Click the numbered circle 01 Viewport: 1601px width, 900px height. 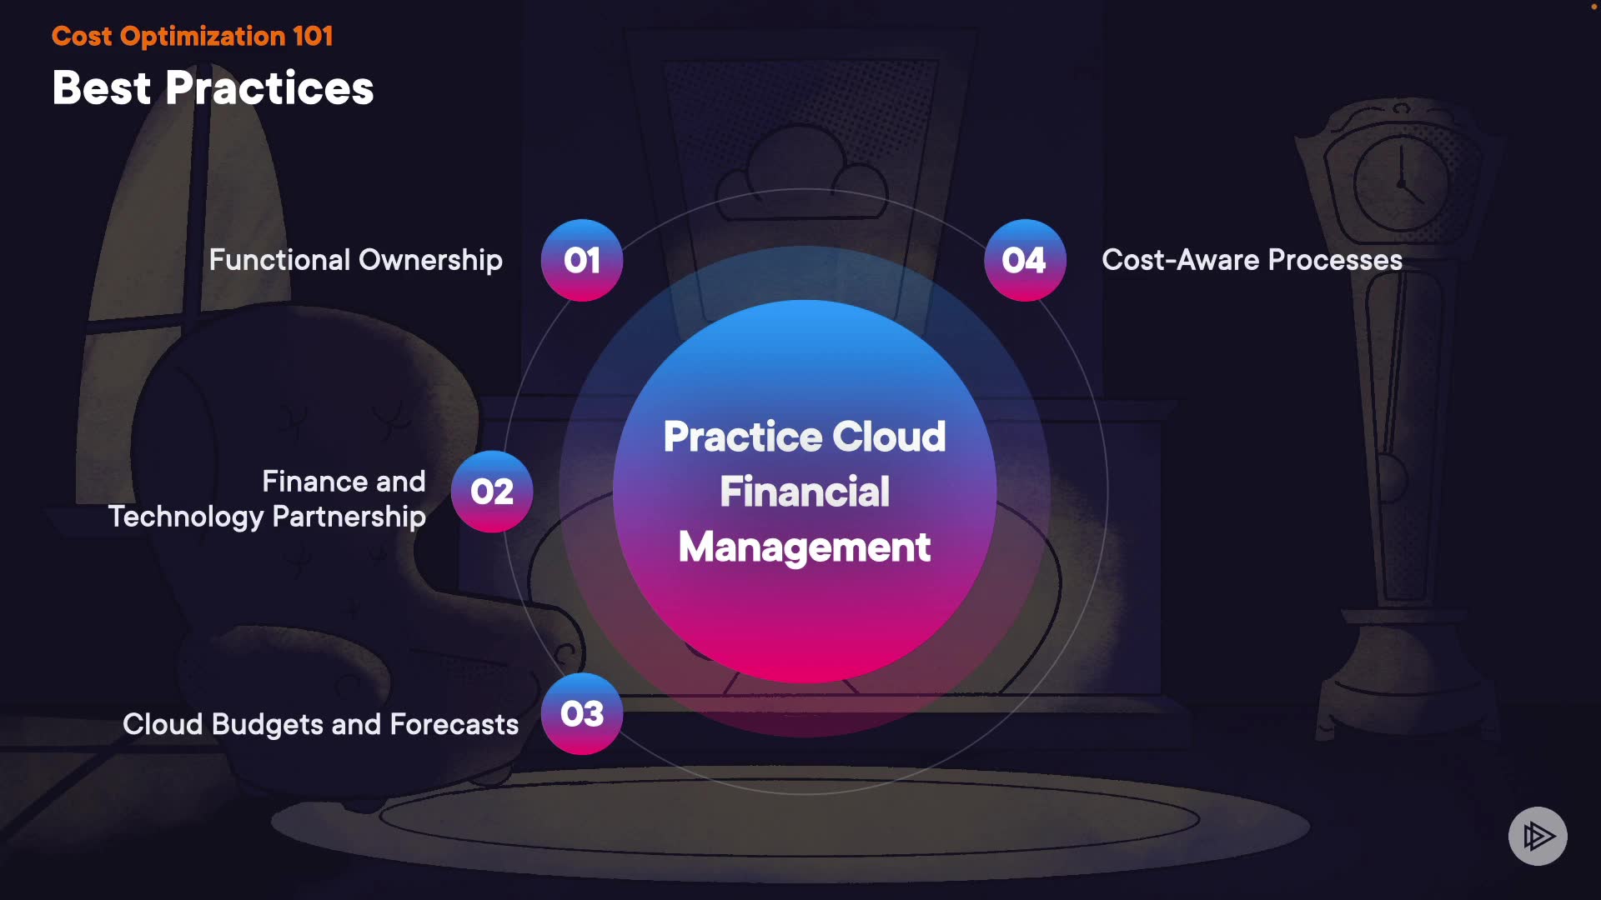pyautogui.click(x=582, y=260)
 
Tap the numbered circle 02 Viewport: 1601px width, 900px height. pyautogui.click(x=492, y=492)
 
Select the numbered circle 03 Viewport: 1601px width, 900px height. pyautogui.click(x=582, y=713)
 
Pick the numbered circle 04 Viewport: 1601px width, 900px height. pyautogui.click(x=1025, y=260)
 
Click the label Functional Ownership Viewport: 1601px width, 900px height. pyautogui.click(x=355, y=260)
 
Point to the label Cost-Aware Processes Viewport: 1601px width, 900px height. pyautogui.click(x=1252, y=260)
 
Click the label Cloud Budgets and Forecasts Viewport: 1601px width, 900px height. pyautogui.click(x=320, y=724)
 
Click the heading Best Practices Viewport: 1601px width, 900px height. pyautogui.click(x=213, y=87)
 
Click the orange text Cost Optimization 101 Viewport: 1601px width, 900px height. pyautogui.click(x=192, y=36)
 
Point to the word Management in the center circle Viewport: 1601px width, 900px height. pyautogui.click(x=805, y=547)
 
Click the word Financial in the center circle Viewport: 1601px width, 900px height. pyautogui.click(x=805, y=492)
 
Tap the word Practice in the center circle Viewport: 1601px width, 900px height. pyautogui.click(x=742, y=437)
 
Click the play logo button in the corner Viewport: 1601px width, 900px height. pyautogui.click(x=1538, y=836)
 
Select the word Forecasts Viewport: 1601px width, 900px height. pyautogui.click(x=454, y=724)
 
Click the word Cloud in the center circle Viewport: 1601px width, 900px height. pyautogui.click(x=889, y=437)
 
